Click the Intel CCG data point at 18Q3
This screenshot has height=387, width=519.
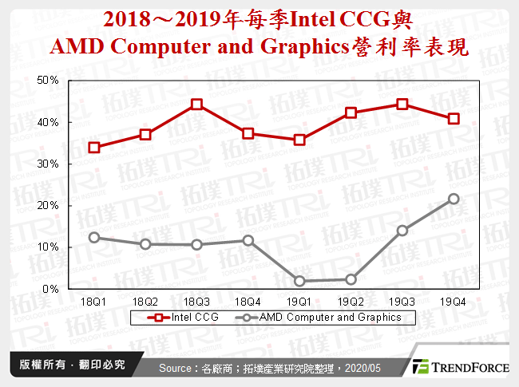pos(197,105)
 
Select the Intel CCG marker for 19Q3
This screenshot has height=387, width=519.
pos(402,104)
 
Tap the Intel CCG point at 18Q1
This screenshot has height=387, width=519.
pos(94,148)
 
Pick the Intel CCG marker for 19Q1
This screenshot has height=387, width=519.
pos(299,140)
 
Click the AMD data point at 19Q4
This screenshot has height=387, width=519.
pos(454,199)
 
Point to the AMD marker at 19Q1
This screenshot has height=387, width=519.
pos(299,281)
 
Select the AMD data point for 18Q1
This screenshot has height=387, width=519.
pos(94,237)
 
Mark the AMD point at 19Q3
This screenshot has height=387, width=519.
pos(402,231)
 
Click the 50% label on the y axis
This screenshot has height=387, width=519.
pos(49,81)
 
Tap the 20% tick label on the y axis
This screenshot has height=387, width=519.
pos(49,205)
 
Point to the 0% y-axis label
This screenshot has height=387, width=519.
pos(51,289)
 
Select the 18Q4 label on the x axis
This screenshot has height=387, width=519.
pos(248,302)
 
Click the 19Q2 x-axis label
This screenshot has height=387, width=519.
pos(351,302)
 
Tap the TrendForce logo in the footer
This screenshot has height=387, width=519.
pos(458,367)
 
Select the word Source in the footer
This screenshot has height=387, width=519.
pos(178,367)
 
